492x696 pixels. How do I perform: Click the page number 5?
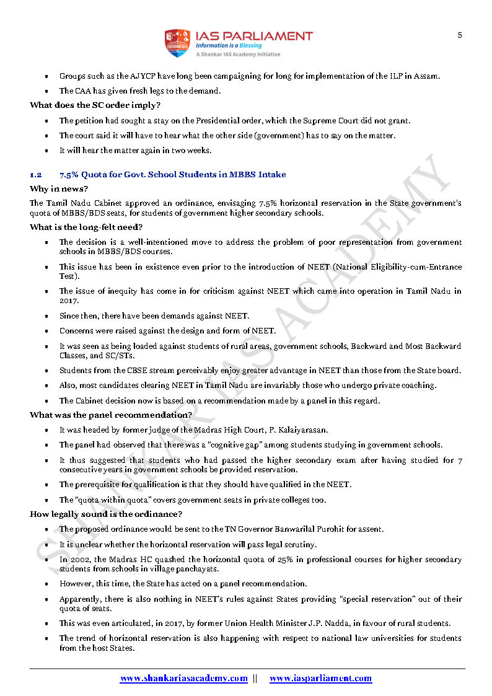[x=460, y=35]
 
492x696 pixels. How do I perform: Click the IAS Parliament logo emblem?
[x=176, y=43]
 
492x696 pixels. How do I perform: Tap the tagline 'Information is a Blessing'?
[x=229, y=45]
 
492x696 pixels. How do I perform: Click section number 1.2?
[x=35, y=175]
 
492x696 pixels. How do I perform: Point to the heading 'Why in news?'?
[x=59, y=188]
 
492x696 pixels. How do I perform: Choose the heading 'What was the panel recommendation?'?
[x=110, y=415]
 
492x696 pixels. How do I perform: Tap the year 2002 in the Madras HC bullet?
[x=77, y=560]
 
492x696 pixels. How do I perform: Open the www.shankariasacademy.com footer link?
[x=183, y=679]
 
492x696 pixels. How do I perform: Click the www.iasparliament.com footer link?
[x=320, y=679]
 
